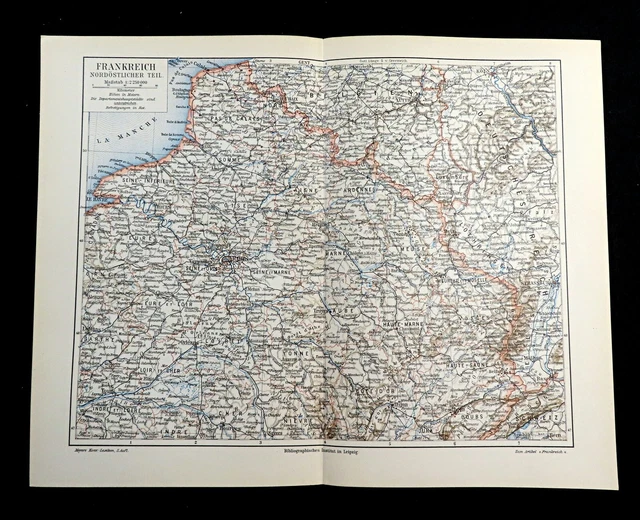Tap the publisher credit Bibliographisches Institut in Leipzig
(320, 452)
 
